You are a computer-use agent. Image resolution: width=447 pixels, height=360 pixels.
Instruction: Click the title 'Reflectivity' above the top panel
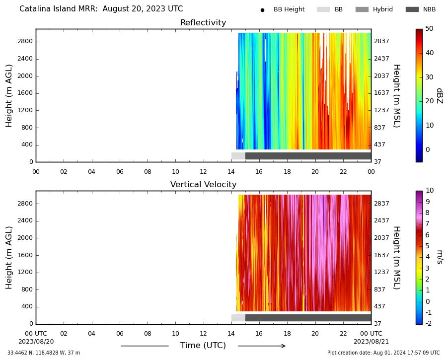point(203,22)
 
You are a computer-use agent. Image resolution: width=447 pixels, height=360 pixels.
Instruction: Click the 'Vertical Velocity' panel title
point(203,184)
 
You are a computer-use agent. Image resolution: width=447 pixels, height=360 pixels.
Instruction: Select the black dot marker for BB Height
point(262,10)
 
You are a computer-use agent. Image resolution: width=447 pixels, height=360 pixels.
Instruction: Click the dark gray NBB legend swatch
point(412,9)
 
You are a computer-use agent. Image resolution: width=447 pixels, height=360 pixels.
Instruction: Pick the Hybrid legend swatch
point(362,9)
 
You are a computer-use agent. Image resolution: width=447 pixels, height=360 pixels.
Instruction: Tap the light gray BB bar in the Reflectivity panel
point(238,156)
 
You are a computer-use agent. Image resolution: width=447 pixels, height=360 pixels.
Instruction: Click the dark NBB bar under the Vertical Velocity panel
point(308,318)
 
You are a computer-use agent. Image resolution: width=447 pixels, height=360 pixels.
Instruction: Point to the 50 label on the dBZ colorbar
point(429,28)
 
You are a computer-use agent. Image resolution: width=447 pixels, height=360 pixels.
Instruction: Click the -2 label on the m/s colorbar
point(428,323)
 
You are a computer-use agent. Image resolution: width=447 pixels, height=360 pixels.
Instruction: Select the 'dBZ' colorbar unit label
point(440,96)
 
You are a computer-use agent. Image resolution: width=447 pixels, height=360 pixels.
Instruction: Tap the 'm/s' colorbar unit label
point(440,257)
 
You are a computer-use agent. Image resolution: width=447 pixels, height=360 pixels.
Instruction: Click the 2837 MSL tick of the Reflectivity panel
point(381,41)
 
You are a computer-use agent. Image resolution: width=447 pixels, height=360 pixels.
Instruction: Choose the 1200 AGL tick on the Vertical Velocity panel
point(25,272)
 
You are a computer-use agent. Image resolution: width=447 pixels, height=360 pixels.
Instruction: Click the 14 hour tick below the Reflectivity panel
point(231,172)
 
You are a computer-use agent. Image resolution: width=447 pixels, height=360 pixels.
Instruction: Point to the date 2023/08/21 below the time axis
point(371,342)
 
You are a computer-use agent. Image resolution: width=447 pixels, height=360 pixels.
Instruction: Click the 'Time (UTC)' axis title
point(203,346)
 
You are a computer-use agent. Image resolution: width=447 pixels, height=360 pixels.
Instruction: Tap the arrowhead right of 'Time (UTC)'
point(283,346)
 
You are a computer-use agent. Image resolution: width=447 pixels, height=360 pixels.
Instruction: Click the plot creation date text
point(383,353)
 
